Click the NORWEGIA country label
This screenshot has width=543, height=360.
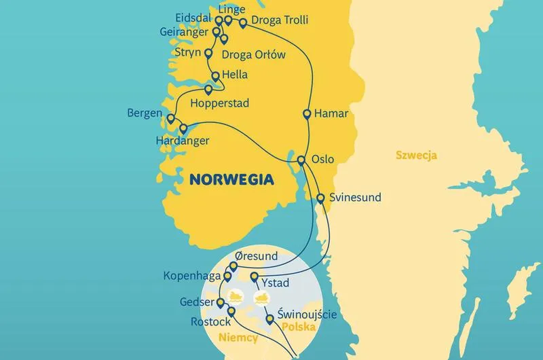231,180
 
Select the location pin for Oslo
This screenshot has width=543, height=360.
301,161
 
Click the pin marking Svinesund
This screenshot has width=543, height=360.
320,198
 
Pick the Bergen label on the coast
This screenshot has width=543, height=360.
145,113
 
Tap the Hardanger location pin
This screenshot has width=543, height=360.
183,128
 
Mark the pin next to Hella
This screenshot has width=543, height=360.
215,76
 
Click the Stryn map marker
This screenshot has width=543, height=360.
208,54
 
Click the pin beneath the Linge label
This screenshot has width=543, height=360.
229,20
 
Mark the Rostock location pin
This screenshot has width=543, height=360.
231,312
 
